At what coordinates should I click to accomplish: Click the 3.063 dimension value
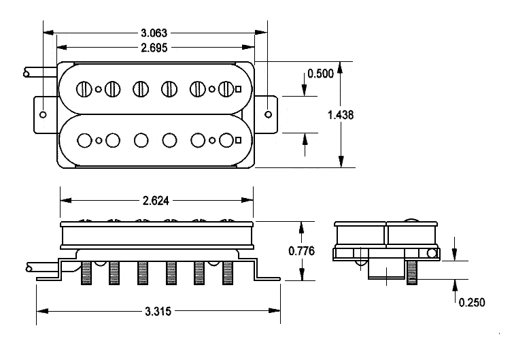154,33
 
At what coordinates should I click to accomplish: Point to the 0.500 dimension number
320,74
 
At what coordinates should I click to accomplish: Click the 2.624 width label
155,200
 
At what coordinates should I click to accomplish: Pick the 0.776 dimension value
301,250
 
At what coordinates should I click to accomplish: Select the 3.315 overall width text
158,311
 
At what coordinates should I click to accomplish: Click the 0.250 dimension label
470,302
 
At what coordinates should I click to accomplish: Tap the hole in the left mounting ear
44,114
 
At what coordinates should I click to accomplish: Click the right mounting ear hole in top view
267,107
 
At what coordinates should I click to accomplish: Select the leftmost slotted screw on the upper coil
85,88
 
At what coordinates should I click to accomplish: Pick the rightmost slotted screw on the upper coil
226,88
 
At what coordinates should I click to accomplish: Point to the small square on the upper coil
239,88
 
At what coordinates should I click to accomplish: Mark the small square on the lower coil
239,140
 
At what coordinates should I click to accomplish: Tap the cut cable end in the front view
27,267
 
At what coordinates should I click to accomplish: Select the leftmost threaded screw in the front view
86,274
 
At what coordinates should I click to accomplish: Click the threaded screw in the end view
411,273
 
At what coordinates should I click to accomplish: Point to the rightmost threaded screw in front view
226,274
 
